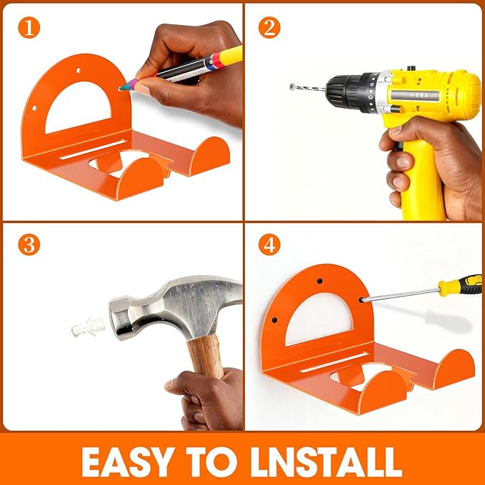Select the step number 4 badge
pos(269,245)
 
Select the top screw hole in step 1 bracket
pos(76,70)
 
